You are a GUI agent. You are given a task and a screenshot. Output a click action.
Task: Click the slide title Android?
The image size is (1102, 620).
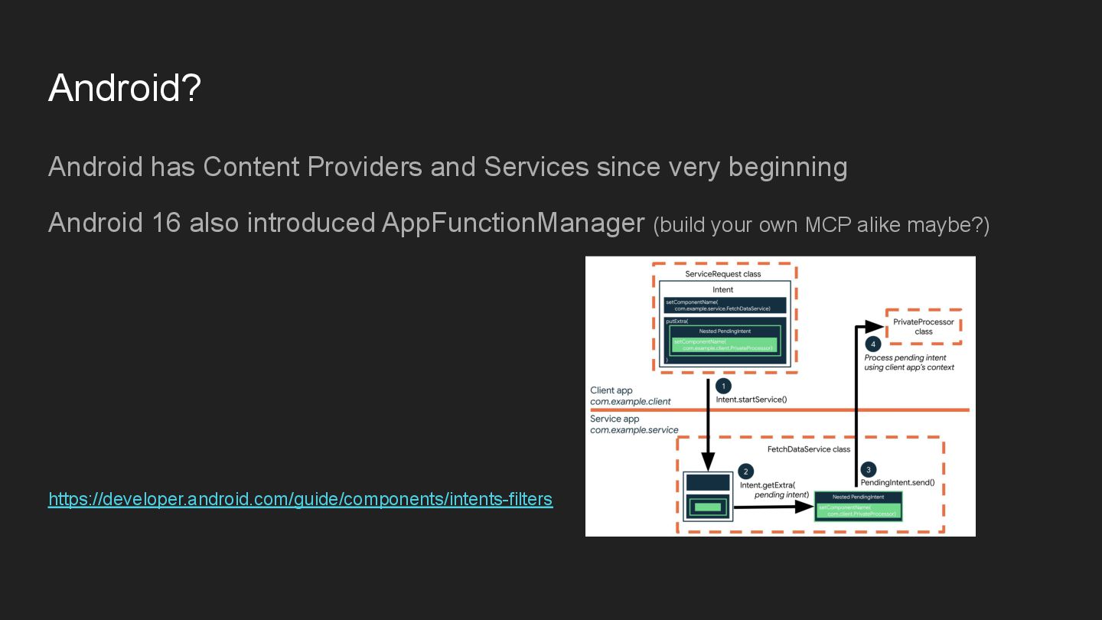tap(125, 88)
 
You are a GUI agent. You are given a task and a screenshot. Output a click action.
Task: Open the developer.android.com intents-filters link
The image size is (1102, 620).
tap(300, 499)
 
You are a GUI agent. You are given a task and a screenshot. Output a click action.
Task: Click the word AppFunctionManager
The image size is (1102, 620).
tap(513, 223)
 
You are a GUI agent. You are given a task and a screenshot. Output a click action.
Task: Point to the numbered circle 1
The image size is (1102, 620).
tap(723, 387)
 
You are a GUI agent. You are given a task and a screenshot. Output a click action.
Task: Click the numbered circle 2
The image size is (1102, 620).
tap(746, 472)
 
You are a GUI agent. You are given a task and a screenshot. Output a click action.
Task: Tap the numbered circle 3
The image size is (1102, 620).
tap(868, 469)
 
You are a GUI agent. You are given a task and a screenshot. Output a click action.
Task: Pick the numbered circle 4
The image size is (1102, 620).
tap(873, 344)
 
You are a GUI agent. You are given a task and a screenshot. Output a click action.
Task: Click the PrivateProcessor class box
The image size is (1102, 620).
tap(924, 327)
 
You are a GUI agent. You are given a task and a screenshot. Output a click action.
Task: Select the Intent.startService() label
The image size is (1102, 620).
tap(752, 400)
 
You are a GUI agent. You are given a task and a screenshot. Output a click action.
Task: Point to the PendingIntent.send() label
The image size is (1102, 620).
tap(897, 483)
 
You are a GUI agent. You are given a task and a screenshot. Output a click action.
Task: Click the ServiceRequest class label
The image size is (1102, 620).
tap(723, 274)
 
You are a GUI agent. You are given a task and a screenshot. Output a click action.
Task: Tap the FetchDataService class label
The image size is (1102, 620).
tap(809, 449)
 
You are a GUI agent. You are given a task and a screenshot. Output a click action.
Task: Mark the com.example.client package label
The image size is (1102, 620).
tap(631, 402)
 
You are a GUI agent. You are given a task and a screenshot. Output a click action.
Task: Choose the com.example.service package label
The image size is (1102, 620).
tap(634, 430)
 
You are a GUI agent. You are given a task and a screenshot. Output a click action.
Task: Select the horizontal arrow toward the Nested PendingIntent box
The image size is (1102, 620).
tap(773, 507)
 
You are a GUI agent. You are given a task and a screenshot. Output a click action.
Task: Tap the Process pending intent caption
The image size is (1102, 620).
tap(905, 357)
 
